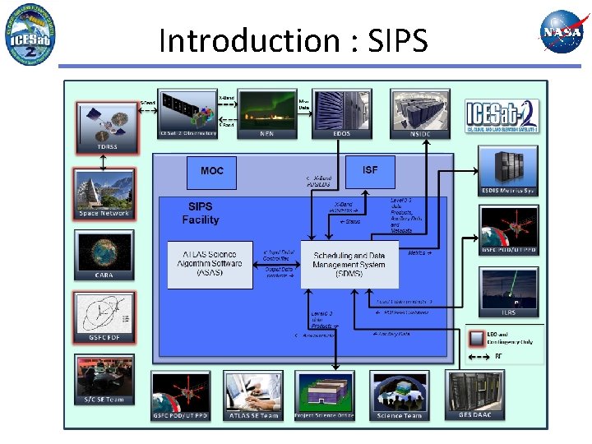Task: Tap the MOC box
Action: coord(212,170)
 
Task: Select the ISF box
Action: coord(370,170)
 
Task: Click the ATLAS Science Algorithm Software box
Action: coord(210,264)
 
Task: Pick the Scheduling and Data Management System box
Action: coord(349,264)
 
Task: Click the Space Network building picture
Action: coord(105,194)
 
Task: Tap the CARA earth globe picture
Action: coord(104,255)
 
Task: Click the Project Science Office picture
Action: coord(325,394)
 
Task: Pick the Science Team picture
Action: coord(400,394)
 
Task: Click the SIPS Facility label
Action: coord(201,214)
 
